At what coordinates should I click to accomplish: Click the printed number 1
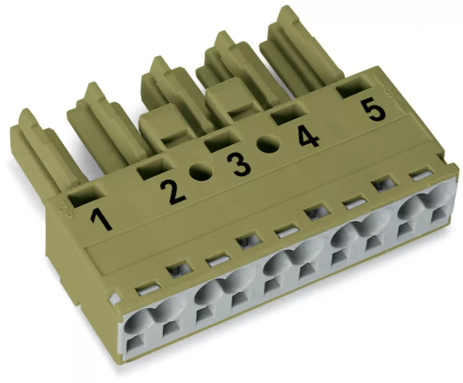click(x=102, y=218)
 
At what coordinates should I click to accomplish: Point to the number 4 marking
click(x=308, y=137)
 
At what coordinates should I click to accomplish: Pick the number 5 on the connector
click(x=375, y=110)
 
